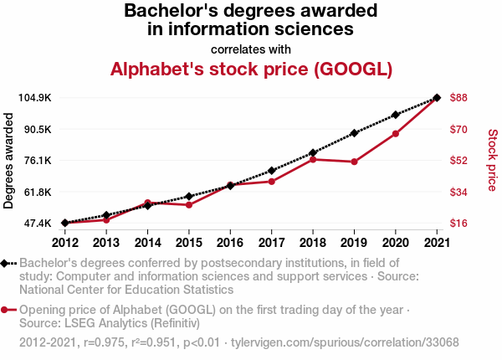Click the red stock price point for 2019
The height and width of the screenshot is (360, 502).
[354, 162]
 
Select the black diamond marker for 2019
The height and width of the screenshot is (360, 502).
[354, 133]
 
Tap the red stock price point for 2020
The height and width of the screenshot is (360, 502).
[395, 134]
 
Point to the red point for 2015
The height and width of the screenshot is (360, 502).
[189, 205]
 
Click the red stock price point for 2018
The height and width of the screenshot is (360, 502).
[313, 159]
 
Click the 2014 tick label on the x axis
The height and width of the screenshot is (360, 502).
[148, 243]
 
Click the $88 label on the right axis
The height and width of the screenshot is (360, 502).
[458, 98]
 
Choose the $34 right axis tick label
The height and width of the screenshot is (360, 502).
[458, 193]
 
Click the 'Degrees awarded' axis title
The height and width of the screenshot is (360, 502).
[9, 160]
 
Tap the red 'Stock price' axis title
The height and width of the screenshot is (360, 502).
[492, 158]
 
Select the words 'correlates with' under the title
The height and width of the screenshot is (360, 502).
[251, 49]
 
